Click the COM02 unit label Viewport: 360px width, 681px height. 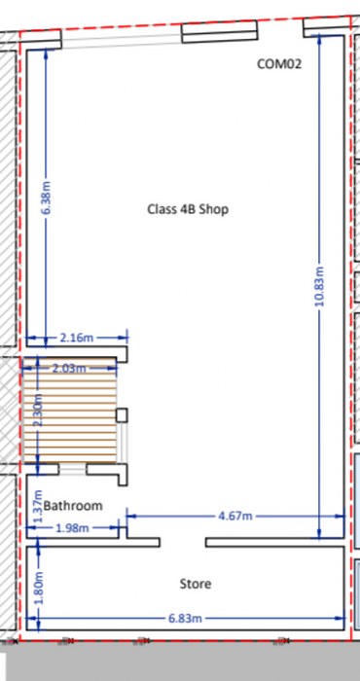click(279, 64)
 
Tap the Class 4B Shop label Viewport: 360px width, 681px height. click(188, 209)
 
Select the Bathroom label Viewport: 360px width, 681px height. click(73, 506)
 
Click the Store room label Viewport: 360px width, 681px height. click(196, 584)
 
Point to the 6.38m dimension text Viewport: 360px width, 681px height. click(47, 197)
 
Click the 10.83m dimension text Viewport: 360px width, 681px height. click(319, 286)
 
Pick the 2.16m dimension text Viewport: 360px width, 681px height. click(76, 338)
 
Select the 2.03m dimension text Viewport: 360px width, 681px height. click(69, 369)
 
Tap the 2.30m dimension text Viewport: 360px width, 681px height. click(38, 411)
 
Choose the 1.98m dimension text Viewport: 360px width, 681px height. click(73, 528)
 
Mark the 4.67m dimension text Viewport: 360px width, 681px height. click(234, 516)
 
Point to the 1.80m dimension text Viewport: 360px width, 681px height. click(38, 588)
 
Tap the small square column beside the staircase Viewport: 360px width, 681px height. click(122, 415)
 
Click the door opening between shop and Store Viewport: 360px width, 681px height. click(182, 543)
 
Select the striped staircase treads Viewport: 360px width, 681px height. click(69, 411)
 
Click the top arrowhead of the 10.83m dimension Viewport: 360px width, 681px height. click(319, 39)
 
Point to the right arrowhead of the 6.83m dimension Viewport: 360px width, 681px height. click(340, 618)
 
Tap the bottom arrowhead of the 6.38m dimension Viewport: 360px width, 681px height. click(46, 343)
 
